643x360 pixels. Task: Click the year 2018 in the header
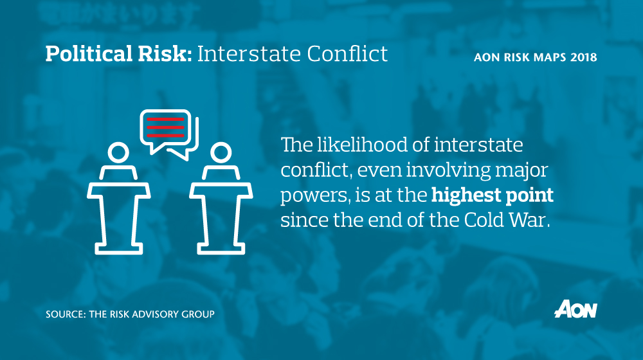point(583,57)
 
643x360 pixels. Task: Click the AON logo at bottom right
point(575,309)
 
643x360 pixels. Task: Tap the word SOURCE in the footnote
point(63,314)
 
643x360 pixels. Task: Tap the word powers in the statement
point(306,194)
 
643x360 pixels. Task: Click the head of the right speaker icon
point(220,154)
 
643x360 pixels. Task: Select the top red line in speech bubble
point(165,120)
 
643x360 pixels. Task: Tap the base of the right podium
point(220,248)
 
